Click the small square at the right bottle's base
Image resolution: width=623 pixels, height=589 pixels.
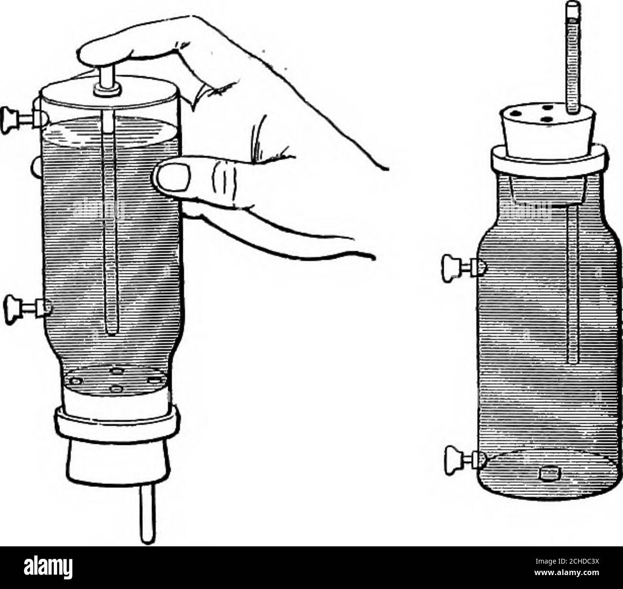[x=546, y=474]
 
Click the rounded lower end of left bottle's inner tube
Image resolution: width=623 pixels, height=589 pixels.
[x=111, y=331]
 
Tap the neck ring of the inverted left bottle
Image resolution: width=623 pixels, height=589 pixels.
[x=117, y=419]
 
